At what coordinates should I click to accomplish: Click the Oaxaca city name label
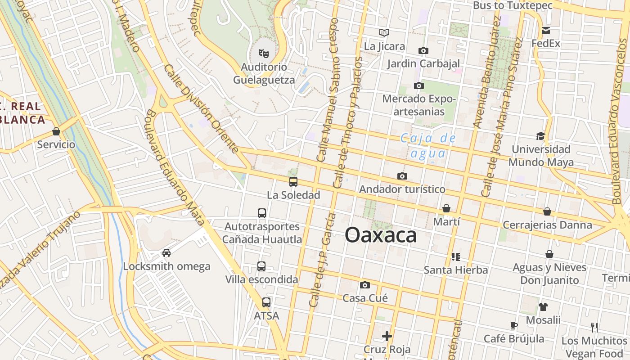point(381,235)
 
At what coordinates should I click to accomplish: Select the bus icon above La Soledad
point(293,182)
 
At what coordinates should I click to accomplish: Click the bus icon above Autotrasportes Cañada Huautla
point(261,213)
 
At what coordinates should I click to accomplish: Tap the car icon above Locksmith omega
point(166,253)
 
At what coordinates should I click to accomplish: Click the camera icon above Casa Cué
point(365,285)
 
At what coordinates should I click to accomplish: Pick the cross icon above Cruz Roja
point(387,336)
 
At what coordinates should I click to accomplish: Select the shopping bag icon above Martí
point(446,208)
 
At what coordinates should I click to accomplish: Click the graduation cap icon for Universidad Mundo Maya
point(540,136)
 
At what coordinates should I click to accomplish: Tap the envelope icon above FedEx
point(546,31)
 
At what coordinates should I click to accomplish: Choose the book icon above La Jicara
point(384,32)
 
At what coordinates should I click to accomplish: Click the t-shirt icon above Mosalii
point(543,307)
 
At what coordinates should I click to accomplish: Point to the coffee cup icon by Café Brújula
point(514,325)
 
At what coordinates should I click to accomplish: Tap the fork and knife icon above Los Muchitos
point(594,327)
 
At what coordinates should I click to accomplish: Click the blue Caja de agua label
point(428,146)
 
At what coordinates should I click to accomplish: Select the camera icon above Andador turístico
point(402,176)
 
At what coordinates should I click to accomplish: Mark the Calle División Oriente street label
point(201,108)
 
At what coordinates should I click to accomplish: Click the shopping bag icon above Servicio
point(56,131)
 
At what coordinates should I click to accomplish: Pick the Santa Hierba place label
point(456,270)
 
